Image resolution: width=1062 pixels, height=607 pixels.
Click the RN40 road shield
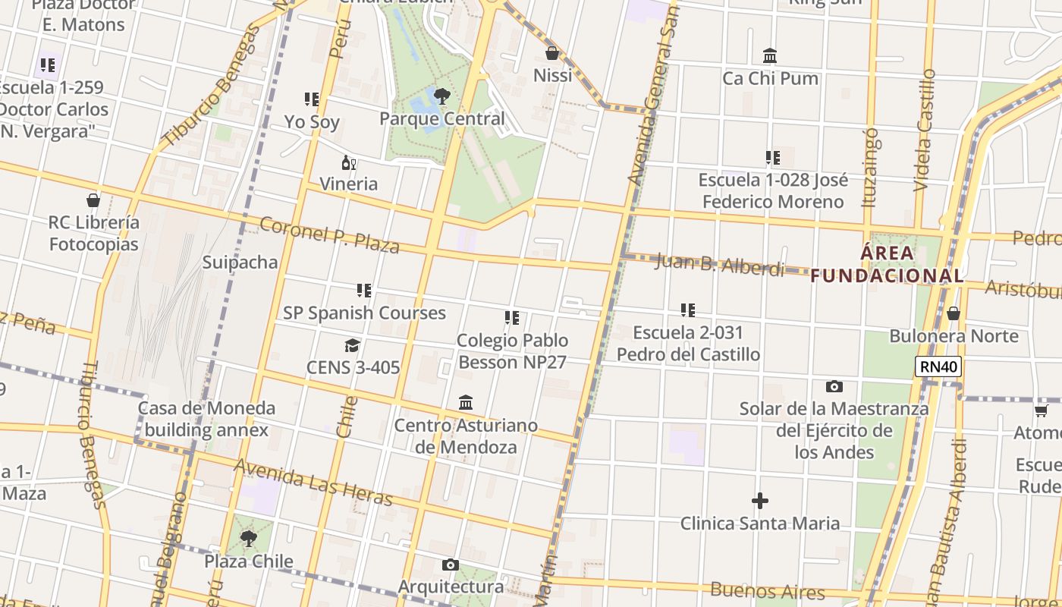(x=938, y=367)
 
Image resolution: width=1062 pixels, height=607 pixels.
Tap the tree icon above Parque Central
(x=442, y=96)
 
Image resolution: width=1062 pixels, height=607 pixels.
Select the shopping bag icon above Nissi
(x=552, y=54)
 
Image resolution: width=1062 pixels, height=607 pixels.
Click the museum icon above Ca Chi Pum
(x=770, y=56)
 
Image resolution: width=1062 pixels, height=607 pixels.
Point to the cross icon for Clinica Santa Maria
(x=759, y=501)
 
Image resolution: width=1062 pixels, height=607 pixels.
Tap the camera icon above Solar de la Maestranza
(x=834, y=387)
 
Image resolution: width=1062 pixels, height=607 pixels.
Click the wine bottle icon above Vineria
(x=348, y=162)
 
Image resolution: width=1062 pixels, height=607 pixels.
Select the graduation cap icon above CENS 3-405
(x=352, y=346)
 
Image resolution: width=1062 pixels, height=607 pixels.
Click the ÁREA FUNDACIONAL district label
(x=887, y=263)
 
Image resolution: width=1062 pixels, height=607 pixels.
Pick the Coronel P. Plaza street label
(x=329, y=234)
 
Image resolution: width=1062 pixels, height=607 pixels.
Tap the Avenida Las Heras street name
(x=313, y=483)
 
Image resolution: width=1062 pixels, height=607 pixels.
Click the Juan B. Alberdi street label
(x=719, y=265)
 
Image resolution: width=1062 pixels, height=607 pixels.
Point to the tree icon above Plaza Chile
(x=248, y=539)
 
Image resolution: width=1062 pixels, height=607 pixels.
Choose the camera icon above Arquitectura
(x=450, y=565)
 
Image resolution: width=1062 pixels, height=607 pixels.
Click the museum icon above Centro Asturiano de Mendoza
(x=466, y=403)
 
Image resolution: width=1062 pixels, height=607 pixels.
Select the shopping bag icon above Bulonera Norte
(x=954, y=314)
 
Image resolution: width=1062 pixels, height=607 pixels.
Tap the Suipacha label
(x=240, y=263)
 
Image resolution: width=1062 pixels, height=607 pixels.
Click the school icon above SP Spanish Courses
(x=364, y=291)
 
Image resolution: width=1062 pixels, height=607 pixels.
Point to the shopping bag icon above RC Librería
(x=93, y=201)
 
